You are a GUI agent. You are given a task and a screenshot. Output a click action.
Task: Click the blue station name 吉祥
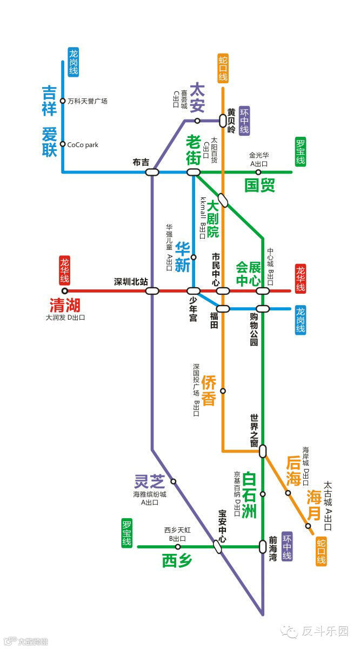pos(49,101)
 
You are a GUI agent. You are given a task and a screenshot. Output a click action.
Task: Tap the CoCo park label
pos(82,144)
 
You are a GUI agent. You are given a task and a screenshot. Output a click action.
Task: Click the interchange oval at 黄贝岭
pos(223,121)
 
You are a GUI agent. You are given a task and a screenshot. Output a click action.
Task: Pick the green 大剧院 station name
pos(212,219)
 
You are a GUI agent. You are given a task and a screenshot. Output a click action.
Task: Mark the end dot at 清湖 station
pos(65,291)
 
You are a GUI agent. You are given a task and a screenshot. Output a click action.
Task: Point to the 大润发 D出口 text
pos(65,317)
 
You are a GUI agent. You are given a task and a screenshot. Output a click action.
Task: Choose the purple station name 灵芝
pos(149,480)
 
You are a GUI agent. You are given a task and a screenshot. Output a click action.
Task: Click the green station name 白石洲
pos(249,495)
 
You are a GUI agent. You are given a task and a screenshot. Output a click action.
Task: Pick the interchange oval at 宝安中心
pos(217,547)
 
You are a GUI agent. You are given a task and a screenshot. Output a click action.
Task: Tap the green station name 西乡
pos(177,561)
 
